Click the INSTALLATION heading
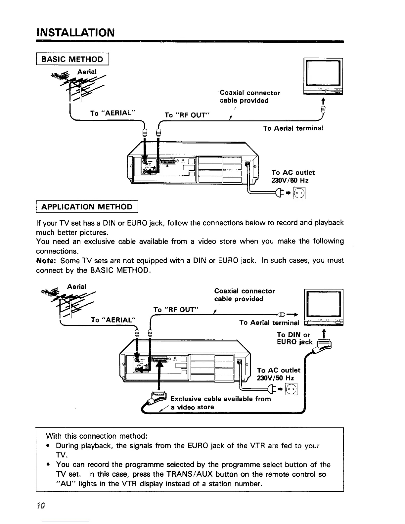click(75, 33)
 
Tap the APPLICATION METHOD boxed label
click(87, 207)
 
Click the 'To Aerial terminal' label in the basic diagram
click(293, 128)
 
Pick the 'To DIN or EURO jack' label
click(294, 338)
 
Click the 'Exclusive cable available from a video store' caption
click(220, 403)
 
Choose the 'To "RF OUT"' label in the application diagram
click(176, 309)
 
